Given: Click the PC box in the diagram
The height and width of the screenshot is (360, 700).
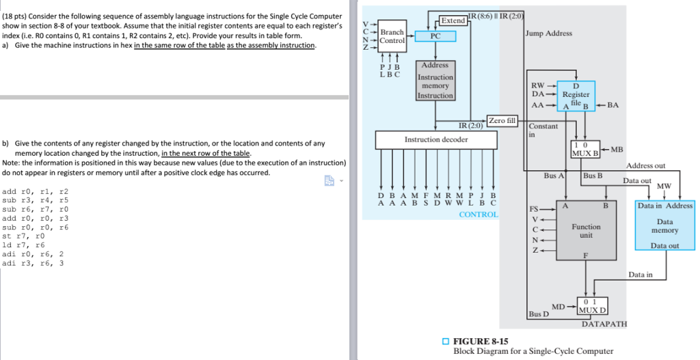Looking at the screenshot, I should point(435,36).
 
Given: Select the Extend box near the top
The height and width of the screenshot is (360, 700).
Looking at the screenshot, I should point(453,20).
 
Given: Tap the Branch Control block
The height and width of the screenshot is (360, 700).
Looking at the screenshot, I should point(392,36).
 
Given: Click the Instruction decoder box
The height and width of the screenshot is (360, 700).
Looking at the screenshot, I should point(435,140).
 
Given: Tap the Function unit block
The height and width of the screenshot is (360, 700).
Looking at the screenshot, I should point(586,231).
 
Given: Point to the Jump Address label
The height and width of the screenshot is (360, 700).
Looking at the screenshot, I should point(549,33).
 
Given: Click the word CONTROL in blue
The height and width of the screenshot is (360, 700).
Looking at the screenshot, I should point(478,214).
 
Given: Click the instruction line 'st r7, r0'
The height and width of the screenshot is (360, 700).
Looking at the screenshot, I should point(23,236).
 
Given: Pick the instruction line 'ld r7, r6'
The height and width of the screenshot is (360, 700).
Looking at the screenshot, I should point(23,245).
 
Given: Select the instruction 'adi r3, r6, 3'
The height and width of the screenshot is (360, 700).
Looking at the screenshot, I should point(33,262).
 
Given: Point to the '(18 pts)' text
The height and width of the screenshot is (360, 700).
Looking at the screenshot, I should point(17,16).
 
